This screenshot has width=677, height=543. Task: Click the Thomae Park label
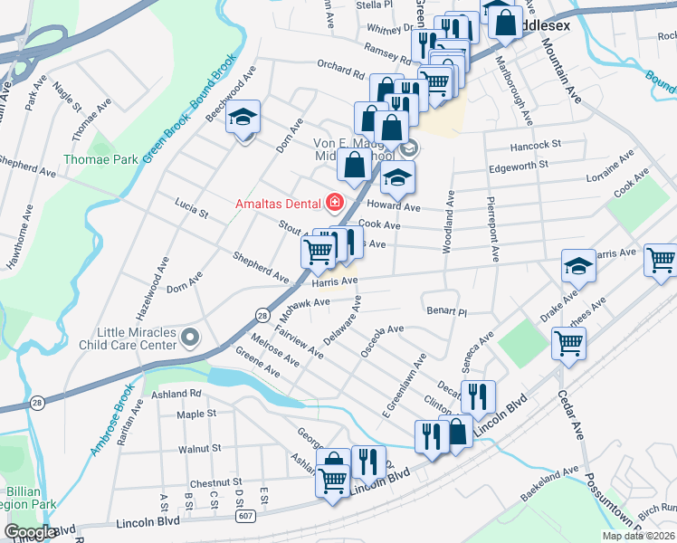click(100, 159)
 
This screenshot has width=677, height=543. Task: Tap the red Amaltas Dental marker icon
click(335, 201)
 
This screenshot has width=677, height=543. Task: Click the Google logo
click(29, 532)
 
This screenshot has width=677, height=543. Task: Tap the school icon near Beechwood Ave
click(243, 119)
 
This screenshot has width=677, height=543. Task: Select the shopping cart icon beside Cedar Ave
click(568, 343)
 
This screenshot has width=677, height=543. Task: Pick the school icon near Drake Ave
click(578, 267)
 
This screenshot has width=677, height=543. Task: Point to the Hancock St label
click(535, 144)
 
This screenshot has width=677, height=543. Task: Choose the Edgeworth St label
click(519, 166)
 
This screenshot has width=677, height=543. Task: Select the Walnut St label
click(200, 448)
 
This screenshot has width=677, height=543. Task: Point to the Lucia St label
click(192, 214)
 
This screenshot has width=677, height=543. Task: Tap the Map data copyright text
click(639, 536)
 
